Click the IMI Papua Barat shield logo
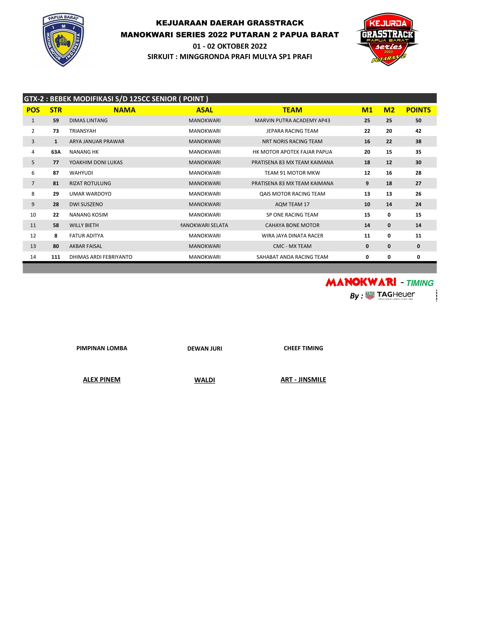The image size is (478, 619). point(63,40)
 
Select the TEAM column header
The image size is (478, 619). point(292,110)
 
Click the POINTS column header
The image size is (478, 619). point(418,110)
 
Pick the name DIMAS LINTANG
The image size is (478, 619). point(88,120)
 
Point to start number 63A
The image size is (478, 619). point(56,152)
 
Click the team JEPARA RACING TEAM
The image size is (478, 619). point(292,131)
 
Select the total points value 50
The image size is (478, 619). point(418,120)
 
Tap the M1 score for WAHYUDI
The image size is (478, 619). point(367,173)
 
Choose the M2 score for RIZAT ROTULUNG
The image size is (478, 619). point(389,183)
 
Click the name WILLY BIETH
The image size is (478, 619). point(84,225)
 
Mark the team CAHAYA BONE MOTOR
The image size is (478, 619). point(292,225)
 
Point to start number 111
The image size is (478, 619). point(56,257)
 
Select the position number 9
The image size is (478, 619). point(33,204)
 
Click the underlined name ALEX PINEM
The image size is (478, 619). point(102,380)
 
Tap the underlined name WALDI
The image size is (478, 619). point(204,380)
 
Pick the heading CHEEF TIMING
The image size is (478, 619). point(303,348)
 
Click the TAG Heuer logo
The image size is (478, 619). point(390,296)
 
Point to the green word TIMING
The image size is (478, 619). point(420,283)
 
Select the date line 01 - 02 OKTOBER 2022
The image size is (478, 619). point(230,46)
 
